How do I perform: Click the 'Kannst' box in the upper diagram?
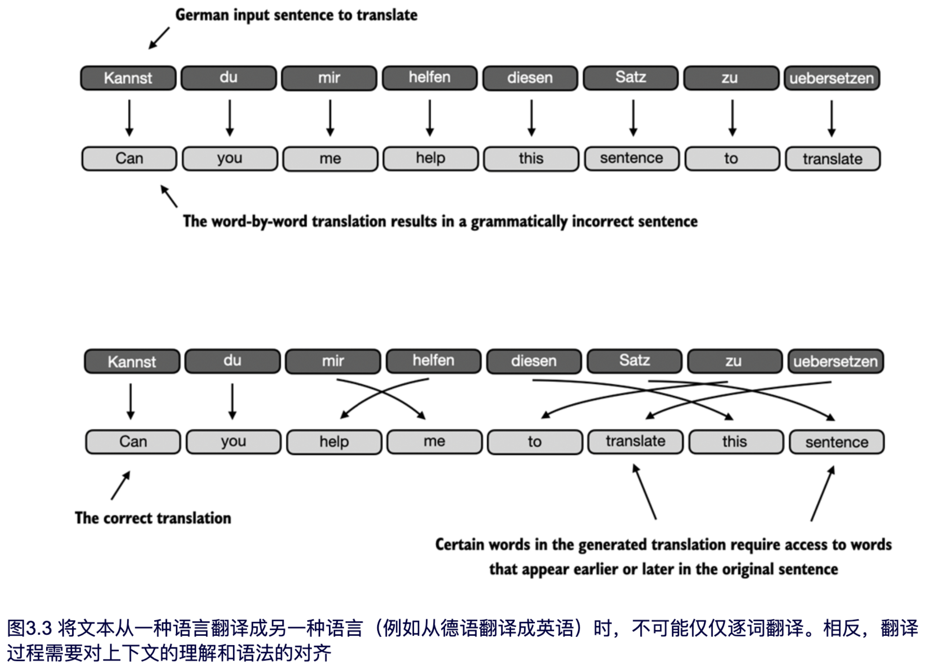pos(128,78)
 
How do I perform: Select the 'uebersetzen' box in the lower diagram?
pos(836,362)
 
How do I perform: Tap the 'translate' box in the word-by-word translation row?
pos(833,159)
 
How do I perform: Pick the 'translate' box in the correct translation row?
pos(635,441)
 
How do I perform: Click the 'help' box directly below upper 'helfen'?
pos(431,158)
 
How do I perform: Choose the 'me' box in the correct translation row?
pos(434,441)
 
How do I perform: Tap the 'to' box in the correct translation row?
pos(535,441)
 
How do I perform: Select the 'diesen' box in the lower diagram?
pos(534,361)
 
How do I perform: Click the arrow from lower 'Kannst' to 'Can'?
pos(130,401)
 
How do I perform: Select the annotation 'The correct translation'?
pos(153,518)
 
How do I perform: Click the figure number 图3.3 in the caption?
pos(29,628)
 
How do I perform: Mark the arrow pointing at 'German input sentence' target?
pos(159,38)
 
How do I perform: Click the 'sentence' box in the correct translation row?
pos(837,442)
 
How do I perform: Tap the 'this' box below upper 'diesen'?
pos(531,159)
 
